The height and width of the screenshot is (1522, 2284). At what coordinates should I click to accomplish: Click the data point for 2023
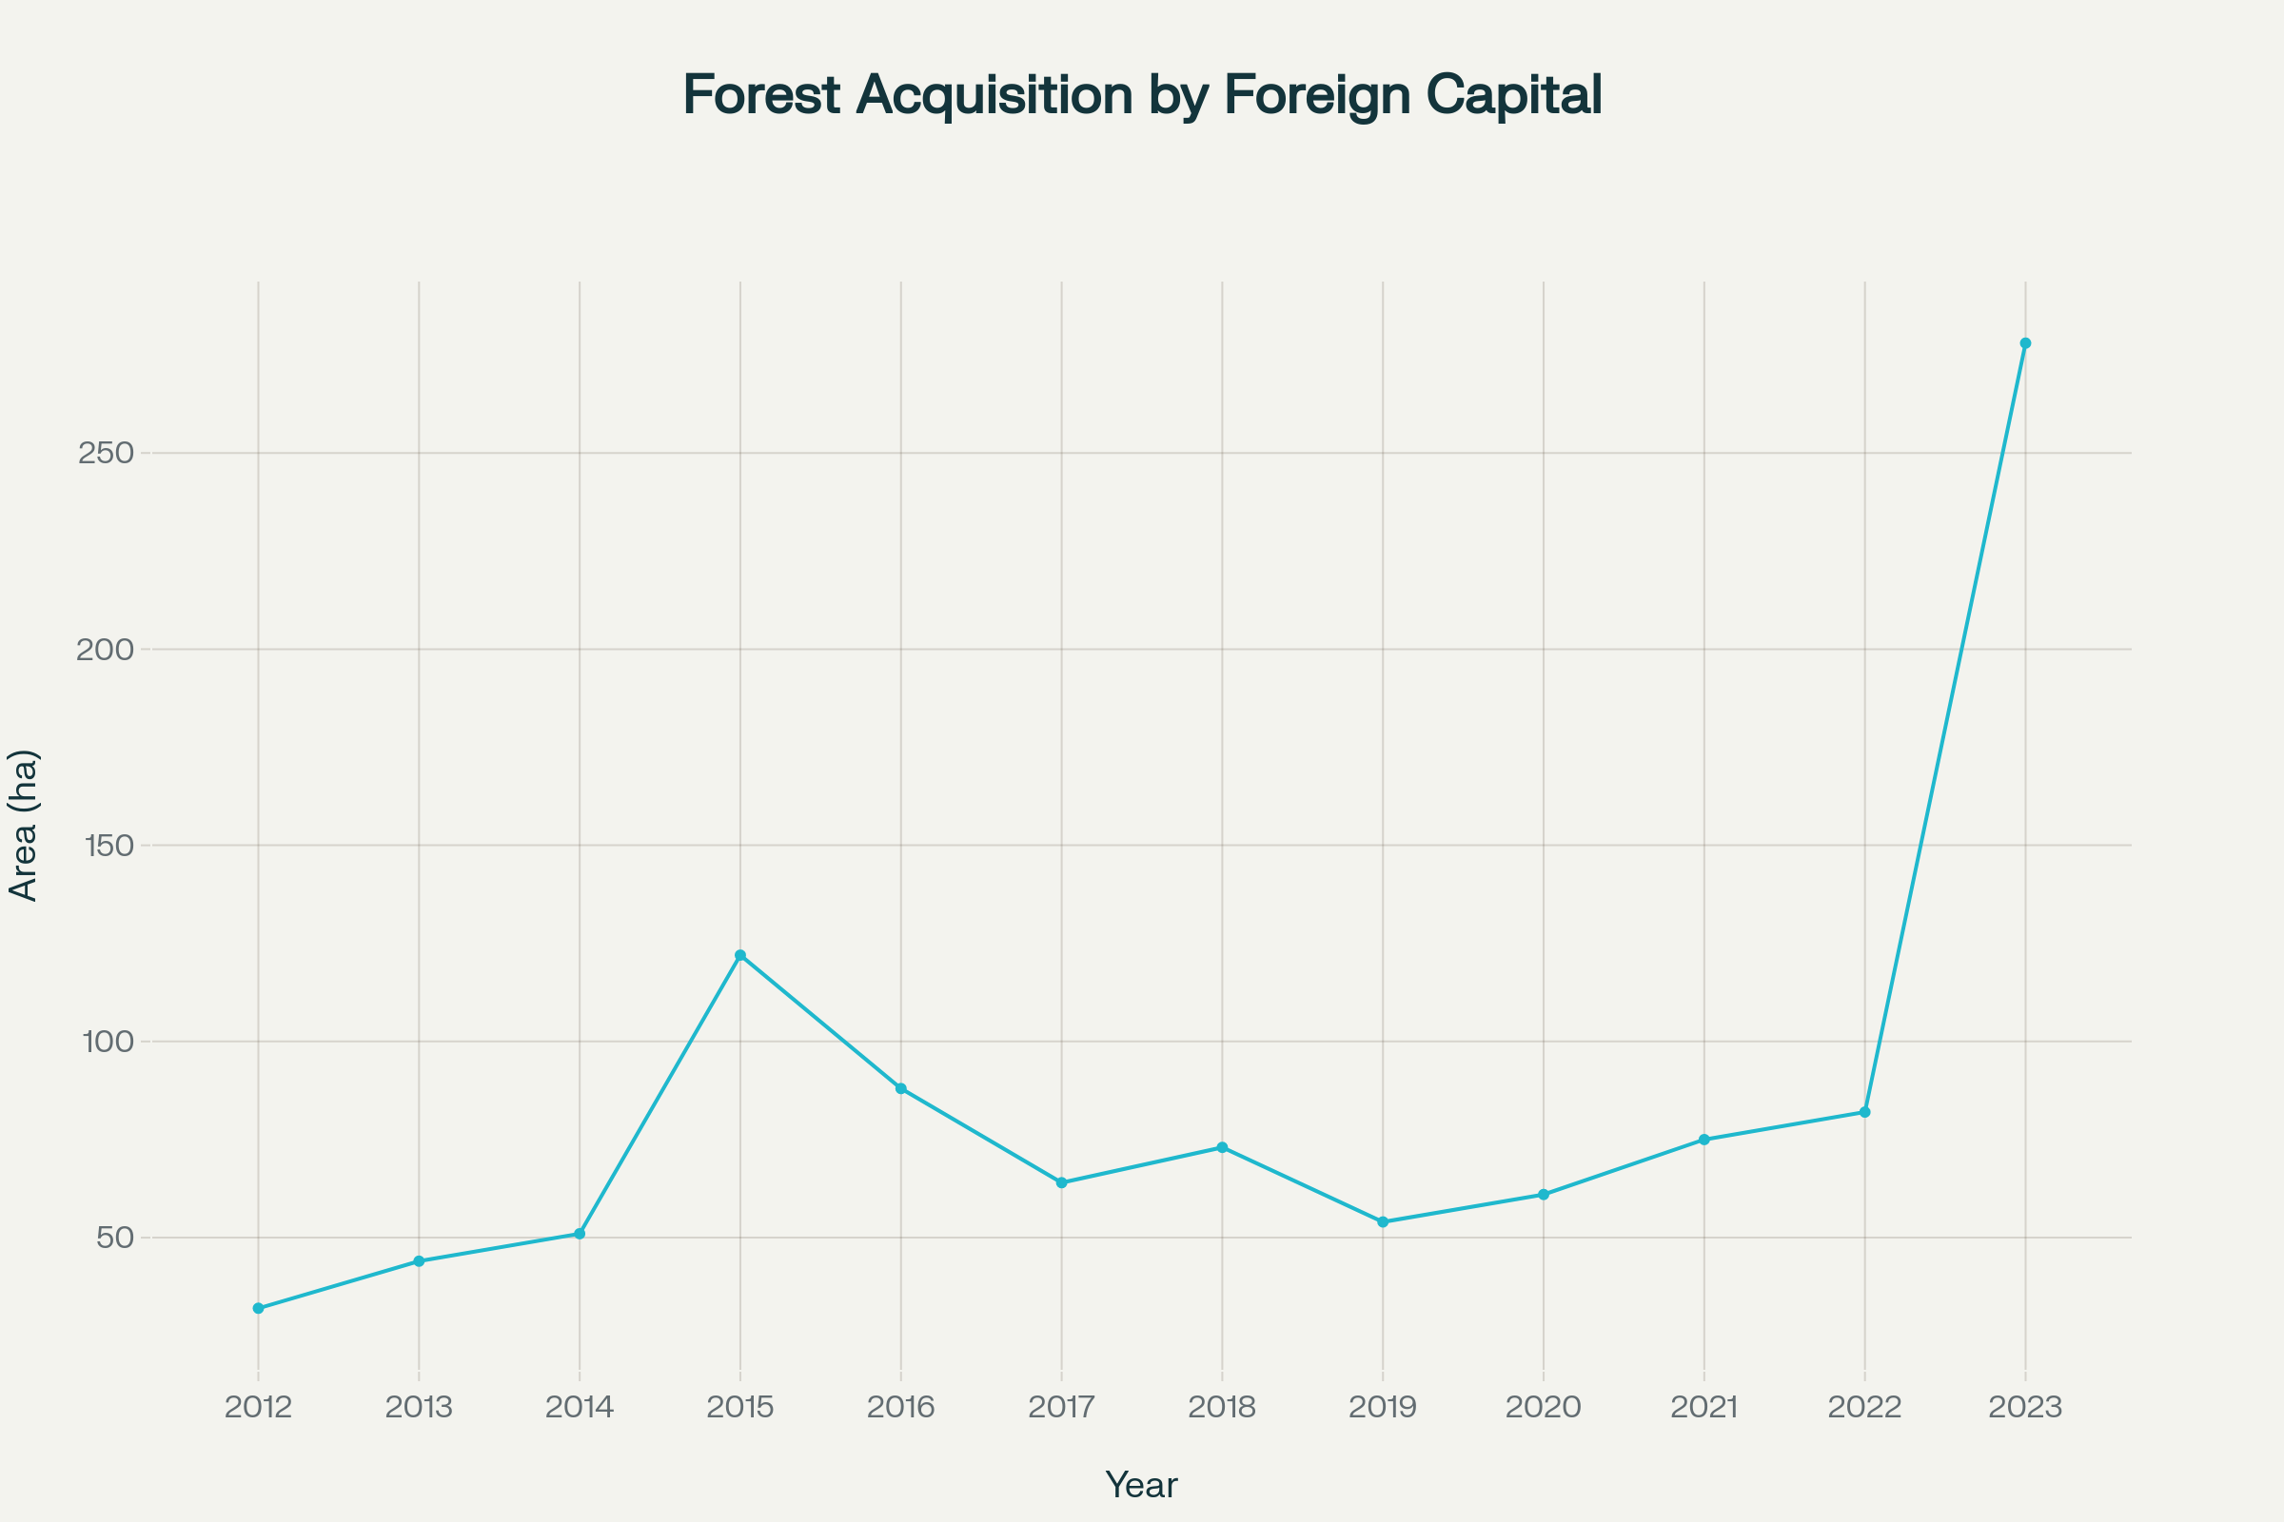point(2025,343)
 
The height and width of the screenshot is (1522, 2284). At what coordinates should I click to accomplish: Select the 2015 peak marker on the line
point(740,955)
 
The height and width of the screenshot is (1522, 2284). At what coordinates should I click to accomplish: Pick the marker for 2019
point(1383,1222)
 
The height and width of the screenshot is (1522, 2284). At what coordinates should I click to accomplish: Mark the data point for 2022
point(1864,1112)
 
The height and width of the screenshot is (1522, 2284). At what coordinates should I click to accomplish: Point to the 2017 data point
point(1061,1182)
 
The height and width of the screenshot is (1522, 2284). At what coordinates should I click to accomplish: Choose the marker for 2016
point(901,1089)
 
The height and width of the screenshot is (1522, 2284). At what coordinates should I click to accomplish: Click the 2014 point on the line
point(580,1234)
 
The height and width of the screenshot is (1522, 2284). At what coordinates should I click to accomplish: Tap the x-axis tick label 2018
point(1222,1408)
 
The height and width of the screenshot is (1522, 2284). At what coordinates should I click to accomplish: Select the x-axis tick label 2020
point(1543,1408)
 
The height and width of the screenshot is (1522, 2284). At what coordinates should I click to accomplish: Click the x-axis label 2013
point(419,1408)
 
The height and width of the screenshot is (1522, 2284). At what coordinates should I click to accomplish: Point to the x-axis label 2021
point(1704,1408)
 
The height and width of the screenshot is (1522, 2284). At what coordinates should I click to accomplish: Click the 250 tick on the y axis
point(105,454)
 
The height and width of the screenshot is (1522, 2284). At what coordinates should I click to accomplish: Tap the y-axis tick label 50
point(114,1238)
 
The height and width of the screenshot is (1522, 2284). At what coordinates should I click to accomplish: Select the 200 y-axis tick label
point(105,650)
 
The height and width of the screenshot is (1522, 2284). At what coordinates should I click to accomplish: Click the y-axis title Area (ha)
point(23,826)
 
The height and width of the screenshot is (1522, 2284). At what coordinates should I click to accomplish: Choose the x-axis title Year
point(1141,1485)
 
